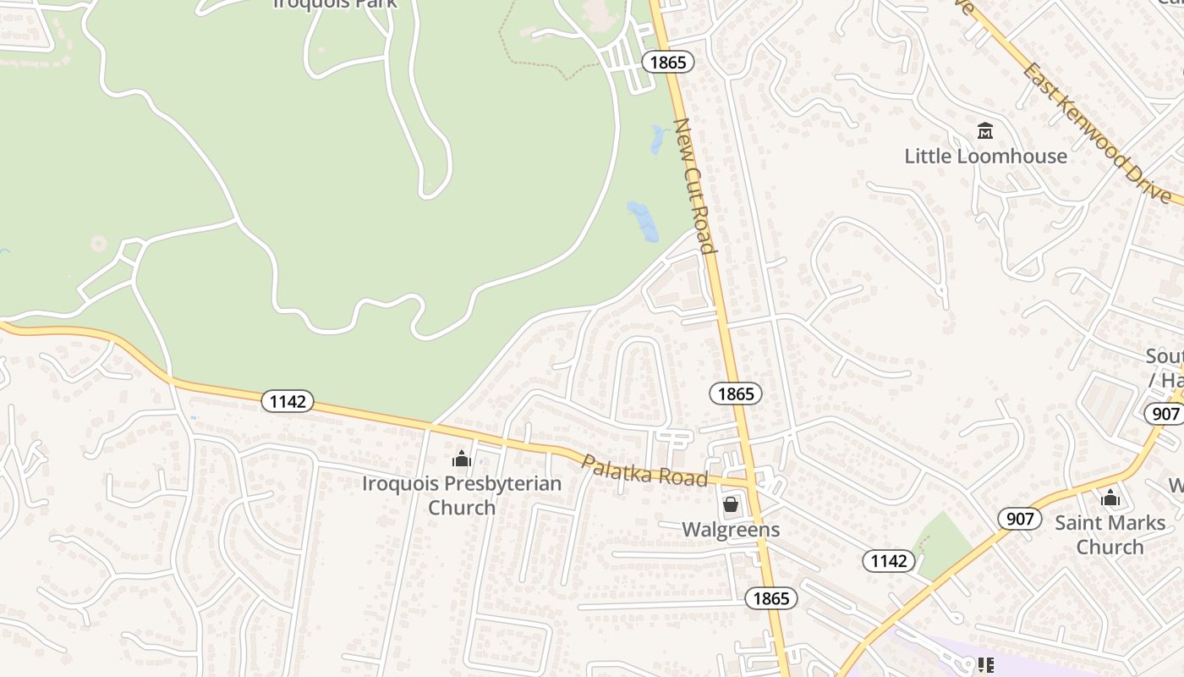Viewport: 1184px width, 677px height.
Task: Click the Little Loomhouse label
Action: [985, 157]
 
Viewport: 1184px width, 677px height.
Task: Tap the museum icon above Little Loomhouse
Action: [985, 131]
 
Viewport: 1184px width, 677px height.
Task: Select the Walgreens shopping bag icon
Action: [731, 505]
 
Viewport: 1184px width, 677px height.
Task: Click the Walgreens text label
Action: [731, 530]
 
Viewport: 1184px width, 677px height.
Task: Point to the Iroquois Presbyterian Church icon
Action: [462, 460]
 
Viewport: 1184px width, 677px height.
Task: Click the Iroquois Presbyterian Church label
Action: [462, 495]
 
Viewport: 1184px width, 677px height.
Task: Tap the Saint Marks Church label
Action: [1110, 534]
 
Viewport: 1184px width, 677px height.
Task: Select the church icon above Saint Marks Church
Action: [1110, 498]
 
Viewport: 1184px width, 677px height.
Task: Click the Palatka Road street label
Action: [644, 471]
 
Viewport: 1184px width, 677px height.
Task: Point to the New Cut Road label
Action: [694, 186]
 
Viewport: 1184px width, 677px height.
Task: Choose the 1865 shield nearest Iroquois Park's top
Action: [667, 62]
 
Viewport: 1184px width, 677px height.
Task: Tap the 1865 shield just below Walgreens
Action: [770, 598]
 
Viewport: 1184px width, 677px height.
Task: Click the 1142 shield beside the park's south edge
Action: [288, 400]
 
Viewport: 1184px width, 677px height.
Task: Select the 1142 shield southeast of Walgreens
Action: [889, 560]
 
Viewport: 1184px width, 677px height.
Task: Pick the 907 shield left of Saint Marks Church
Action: [1020, 518]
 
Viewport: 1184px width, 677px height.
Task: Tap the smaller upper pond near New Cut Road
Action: [657, 140]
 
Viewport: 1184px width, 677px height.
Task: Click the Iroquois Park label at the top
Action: [335, 3]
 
